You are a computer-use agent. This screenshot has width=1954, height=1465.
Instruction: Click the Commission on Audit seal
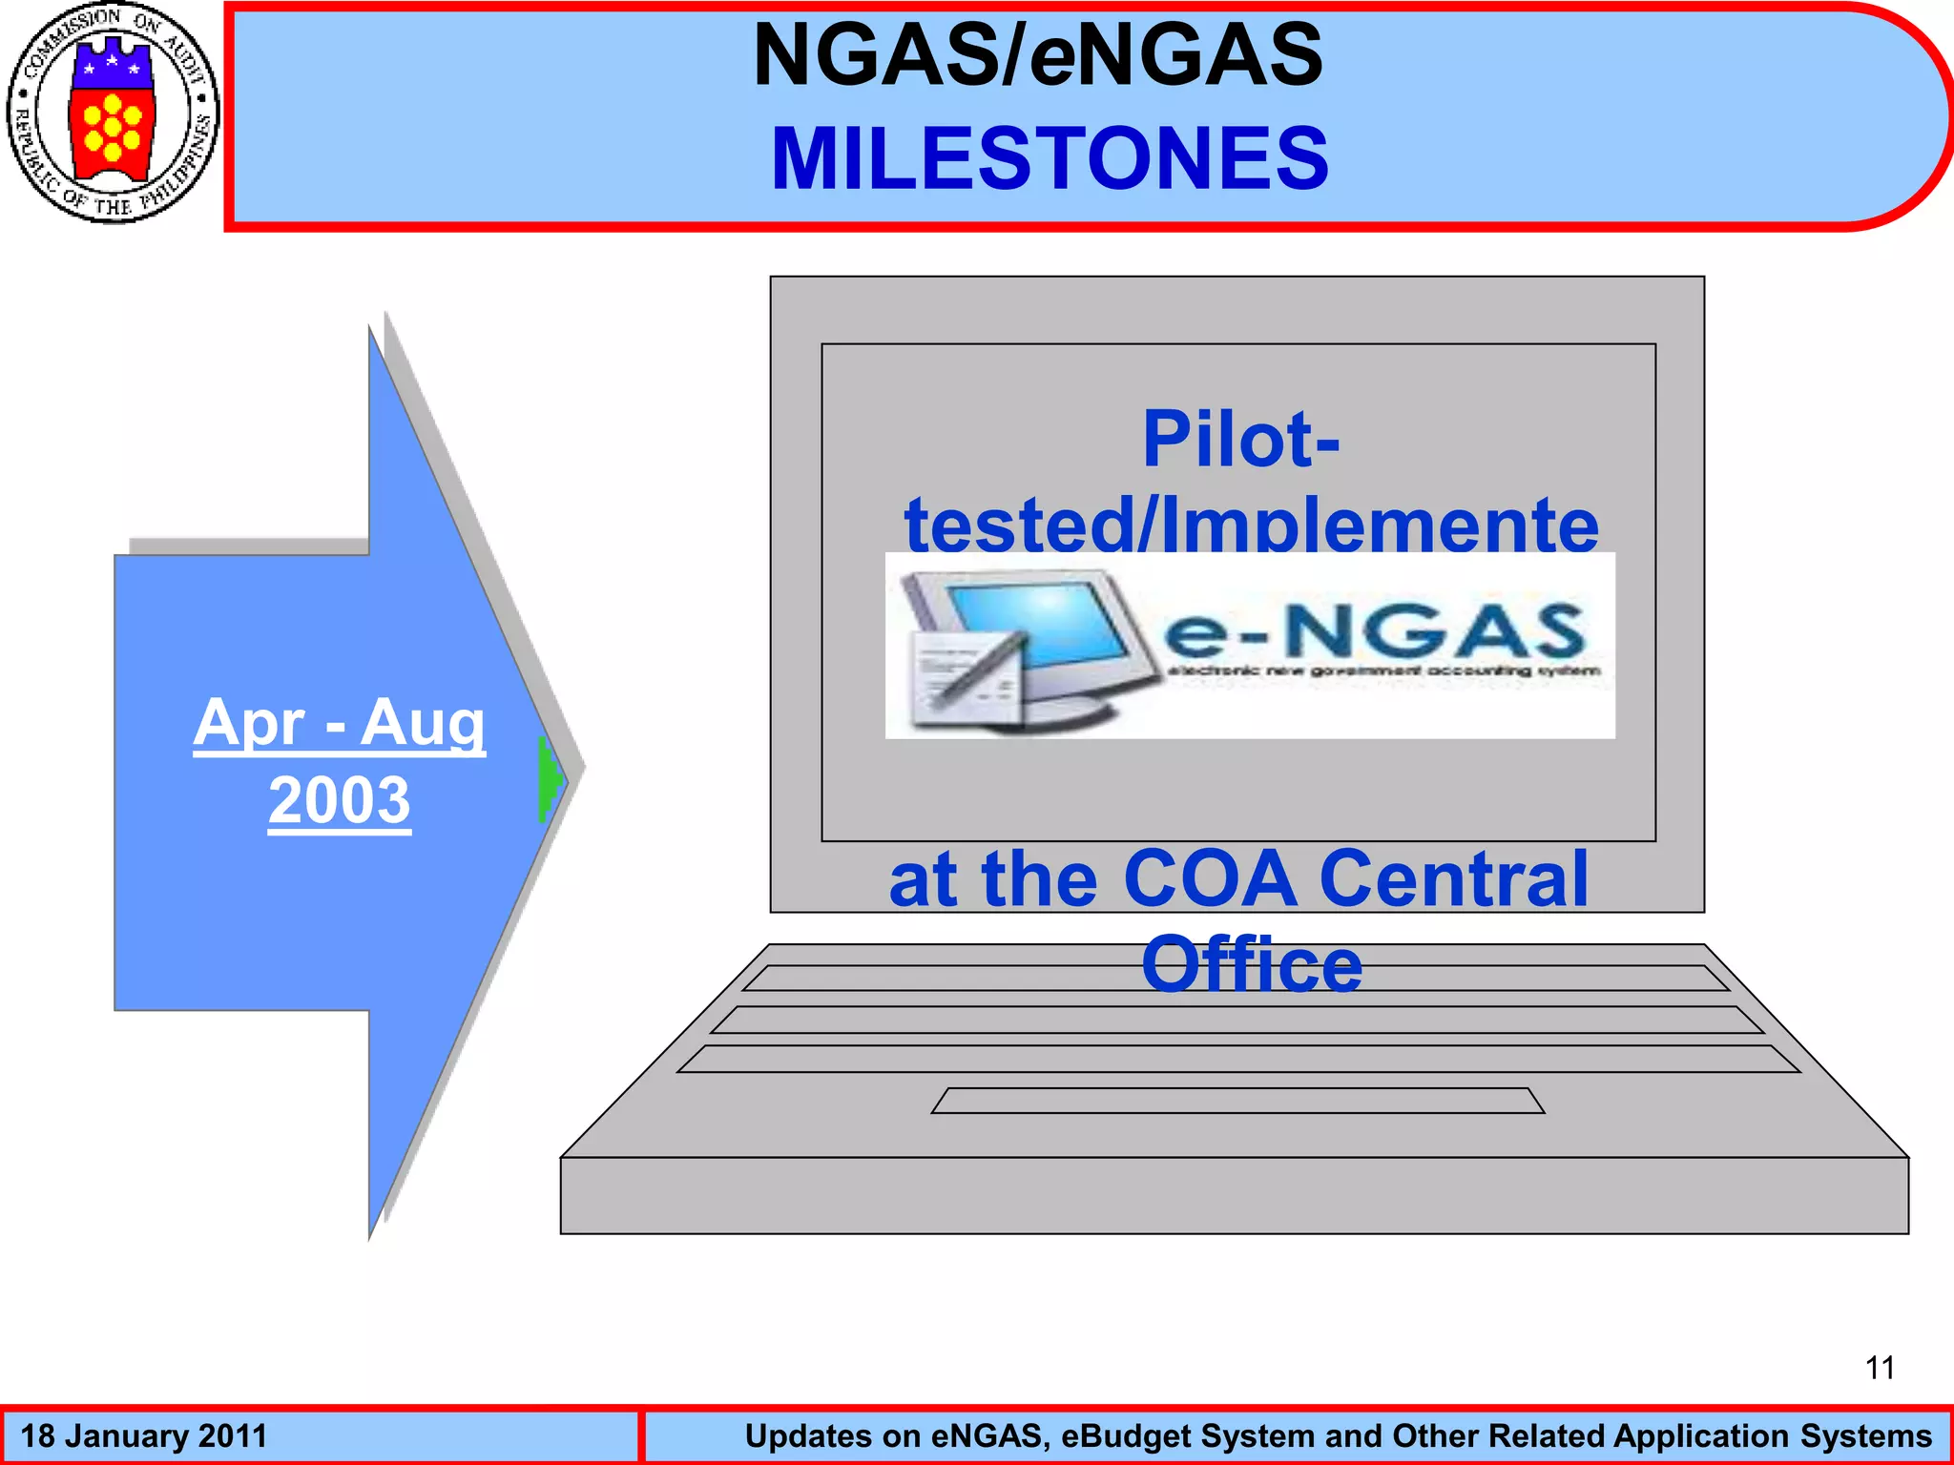113,113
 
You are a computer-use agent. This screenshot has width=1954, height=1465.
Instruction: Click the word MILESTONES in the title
1050,158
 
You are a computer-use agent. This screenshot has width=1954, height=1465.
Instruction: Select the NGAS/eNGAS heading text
1038,55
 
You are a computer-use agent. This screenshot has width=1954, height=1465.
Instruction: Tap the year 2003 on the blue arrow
340,800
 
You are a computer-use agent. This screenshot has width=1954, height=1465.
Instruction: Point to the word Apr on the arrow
249,723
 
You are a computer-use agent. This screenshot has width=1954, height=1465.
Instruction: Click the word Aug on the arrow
423,723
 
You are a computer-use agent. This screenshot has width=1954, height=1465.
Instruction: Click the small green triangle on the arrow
551,779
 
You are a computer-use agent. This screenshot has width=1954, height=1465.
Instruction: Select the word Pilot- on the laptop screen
1241,439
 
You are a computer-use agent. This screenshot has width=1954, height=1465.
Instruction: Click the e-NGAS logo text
1374,631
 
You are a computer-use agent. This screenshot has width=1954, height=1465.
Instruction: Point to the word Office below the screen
1252,964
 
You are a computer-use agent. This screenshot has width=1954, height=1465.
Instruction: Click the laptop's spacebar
1237,1101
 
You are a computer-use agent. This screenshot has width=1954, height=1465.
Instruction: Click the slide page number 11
1880,1368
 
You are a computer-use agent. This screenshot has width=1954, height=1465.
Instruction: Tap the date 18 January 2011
144,1436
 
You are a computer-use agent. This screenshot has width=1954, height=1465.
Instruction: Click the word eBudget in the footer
1132,1436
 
